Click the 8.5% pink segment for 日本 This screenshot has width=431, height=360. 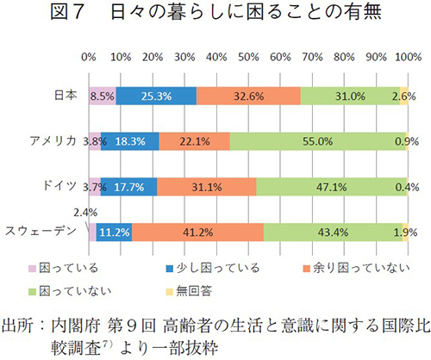[102, 96]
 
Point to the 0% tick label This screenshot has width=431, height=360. [88, 56]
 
